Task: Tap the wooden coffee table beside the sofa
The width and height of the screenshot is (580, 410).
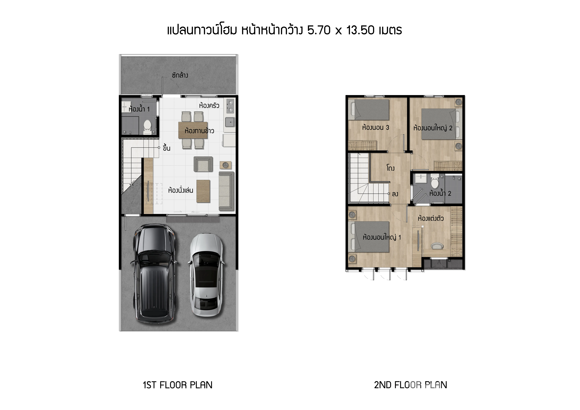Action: coord(203,191)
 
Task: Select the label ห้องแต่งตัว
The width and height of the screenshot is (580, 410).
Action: coord(431,218)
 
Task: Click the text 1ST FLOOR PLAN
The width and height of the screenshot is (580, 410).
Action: coord(178,385)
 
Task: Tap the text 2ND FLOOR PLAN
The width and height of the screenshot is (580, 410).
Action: coord(410,385)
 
